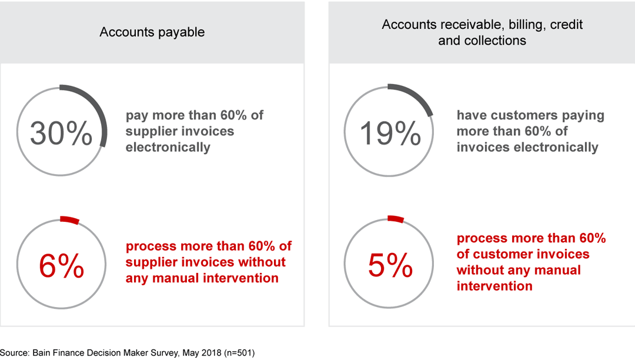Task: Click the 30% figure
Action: (61, 133)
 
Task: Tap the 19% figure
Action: (390, 133)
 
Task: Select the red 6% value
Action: (61, 266)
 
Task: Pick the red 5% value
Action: (390, 266)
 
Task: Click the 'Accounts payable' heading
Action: (152, 32)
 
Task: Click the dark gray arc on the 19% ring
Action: (415, 96)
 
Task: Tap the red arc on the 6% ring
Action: (69, 220)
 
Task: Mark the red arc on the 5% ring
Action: (396, 219)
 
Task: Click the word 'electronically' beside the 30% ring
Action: (168, 147)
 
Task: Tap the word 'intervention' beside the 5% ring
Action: (494, 286)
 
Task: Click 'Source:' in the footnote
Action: (14, 352)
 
